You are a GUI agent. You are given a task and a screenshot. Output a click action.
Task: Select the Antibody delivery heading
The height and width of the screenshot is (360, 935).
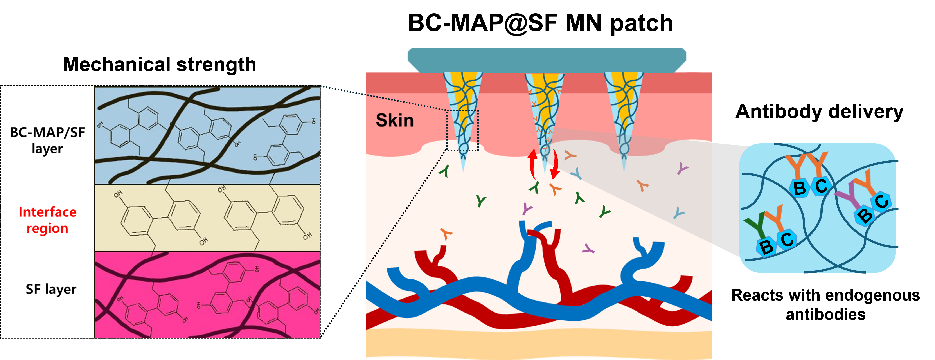[819, 112]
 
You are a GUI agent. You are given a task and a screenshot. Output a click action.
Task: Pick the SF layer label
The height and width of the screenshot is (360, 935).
[51, 289]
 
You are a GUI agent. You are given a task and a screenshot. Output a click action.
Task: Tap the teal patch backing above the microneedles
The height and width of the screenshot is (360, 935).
[546, 60]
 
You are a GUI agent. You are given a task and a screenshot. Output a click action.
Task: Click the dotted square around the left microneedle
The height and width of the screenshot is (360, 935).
[462, 130]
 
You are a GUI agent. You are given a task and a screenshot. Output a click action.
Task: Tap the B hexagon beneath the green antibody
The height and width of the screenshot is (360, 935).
[766, 247]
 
